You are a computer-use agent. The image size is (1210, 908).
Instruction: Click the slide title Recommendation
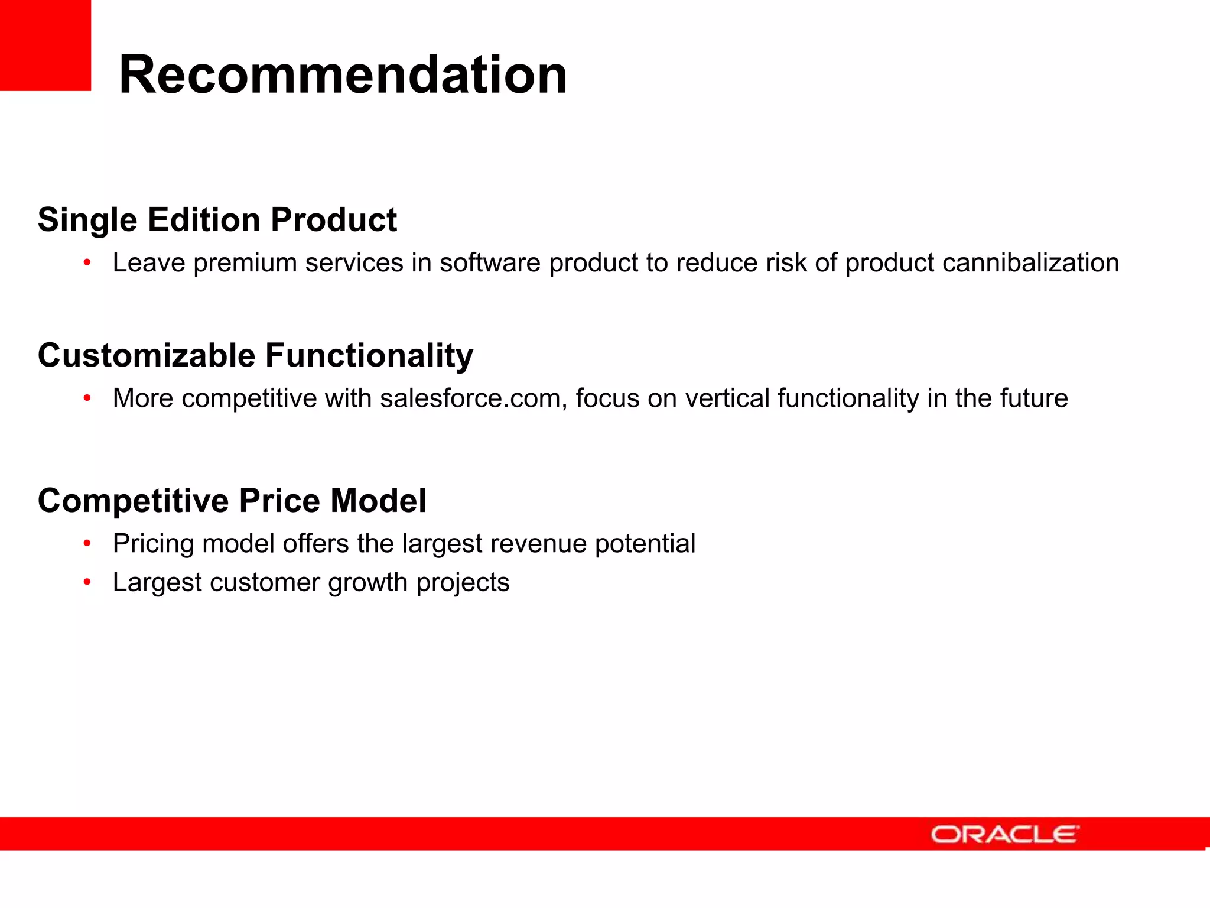pyautogui.click(x=343, y=75)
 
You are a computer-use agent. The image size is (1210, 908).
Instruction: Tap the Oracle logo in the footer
pyautogui.click(x=1004, y=834)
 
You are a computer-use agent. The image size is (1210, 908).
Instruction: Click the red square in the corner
pyautogui.click(x=45, y=45)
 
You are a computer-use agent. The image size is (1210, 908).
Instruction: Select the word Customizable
pyautogui.click(x=147, y=356)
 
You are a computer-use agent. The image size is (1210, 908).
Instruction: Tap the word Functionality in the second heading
pyautogui.click(x=369, y=356)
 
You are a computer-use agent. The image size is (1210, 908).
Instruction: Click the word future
pyautogui.click(x=1034, y=398)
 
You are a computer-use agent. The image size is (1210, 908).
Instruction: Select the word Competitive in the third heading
pyautogui.click(x=134, y=501)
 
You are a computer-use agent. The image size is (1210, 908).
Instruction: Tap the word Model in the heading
pyautogui.click(x=378, y=501)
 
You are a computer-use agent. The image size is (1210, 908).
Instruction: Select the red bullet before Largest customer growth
pyautogui.click(x=87, y=583)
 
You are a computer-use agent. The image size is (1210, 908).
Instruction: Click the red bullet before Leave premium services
pyautogui.click(x=87, y=262)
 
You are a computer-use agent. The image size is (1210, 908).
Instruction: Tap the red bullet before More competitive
pyautogui.click(x=87, y=398)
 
